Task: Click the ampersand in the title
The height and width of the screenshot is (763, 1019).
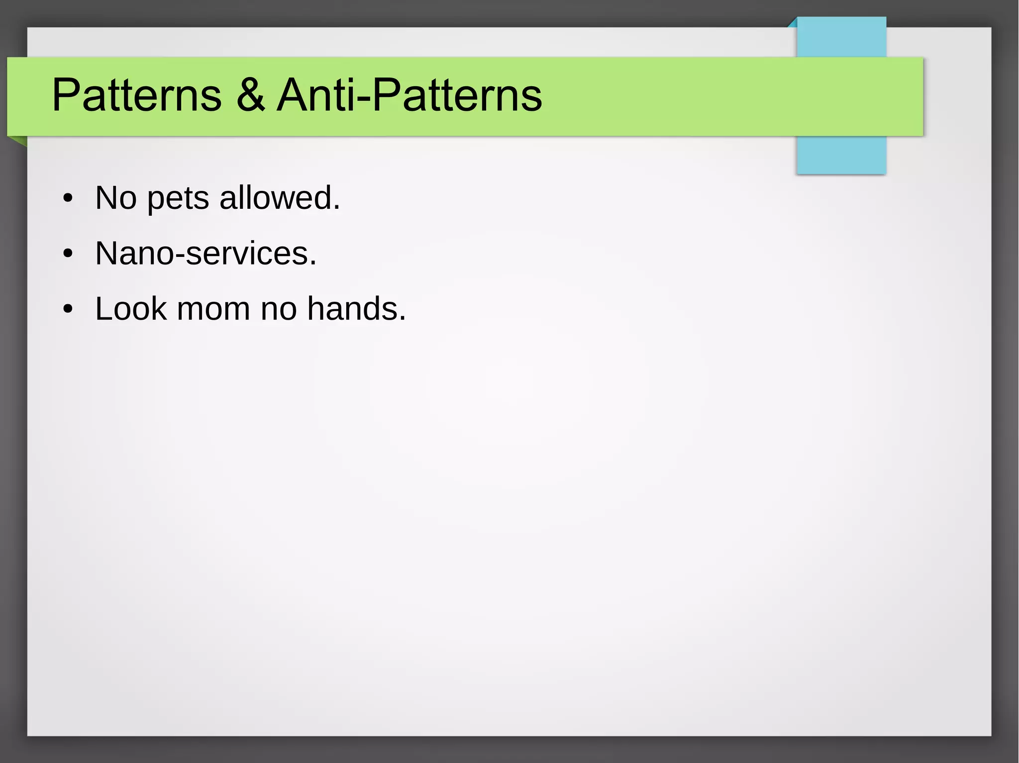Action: (x=251, y=95)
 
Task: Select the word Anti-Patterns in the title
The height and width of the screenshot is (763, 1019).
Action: (x=409, y=95)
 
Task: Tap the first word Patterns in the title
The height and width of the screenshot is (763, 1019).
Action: (x=136, y=95)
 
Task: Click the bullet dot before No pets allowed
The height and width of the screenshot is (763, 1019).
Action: (x=68, y=199)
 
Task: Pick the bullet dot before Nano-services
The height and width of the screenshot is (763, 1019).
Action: (x=68, y=254)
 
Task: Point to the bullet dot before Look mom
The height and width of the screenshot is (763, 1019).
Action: (x=68, y=310)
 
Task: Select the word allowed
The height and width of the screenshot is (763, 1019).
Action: (x=280, y=198)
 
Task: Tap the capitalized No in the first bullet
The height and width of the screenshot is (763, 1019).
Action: (x=115, y=198)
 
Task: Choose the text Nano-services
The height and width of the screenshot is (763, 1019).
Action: (x=205, y=254)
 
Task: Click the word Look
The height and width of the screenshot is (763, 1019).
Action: (x=130, y=309)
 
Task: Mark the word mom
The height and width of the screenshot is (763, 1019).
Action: (x=213, y=310)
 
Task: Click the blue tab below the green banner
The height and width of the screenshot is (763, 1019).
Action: (x=841, y=155)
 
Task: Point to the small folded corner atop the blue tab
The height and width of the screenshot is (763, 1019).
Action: (x=793, y=23)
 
